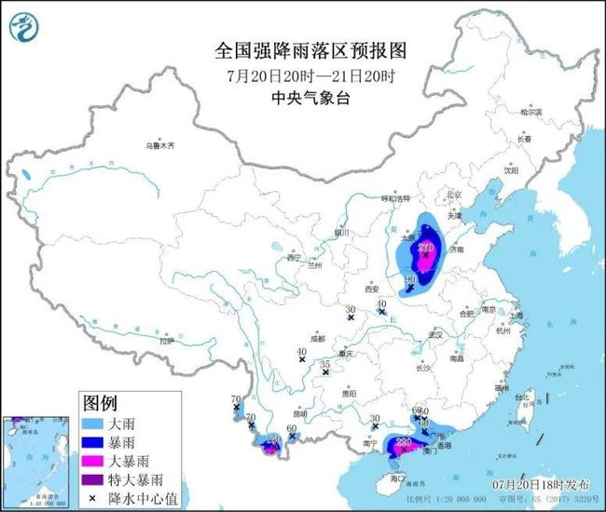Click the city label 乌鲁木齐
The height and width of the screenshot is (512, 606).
pyautogui.click(x=159, y=146)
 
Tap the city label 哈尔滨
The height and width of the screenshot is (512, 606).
pyautogui.click(x=531, y=112)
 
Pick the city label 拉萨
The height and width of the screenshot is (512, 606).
pyautogui.click(x=167, y=342)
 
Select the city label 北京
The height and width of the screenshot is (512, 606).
pyautogui.click(x=454, y=195)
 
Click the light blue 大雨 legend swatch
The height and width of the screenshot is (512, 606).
pyautogui.click(x=94, y=423)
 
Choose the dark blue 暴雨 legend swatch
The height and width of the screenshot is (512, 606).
pyautogui.click(x=94, y=441)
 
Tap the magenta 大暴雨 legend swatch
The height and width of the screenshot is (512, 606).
pyautogui.click(x=94, y=460)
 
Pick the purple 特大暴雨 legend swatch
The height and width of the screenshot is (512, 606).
pyautogui.click(x=94, y=478)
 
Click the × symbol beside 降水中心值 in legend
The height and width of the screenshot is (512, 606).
pyautogui.click(x=94, y=496)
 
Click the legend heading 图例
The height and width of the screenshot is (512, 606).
pyautogui.click(x=100, y=403)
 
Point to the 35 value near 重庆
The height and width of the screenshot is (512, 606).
pyautogui.click(x=324, y=364)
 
